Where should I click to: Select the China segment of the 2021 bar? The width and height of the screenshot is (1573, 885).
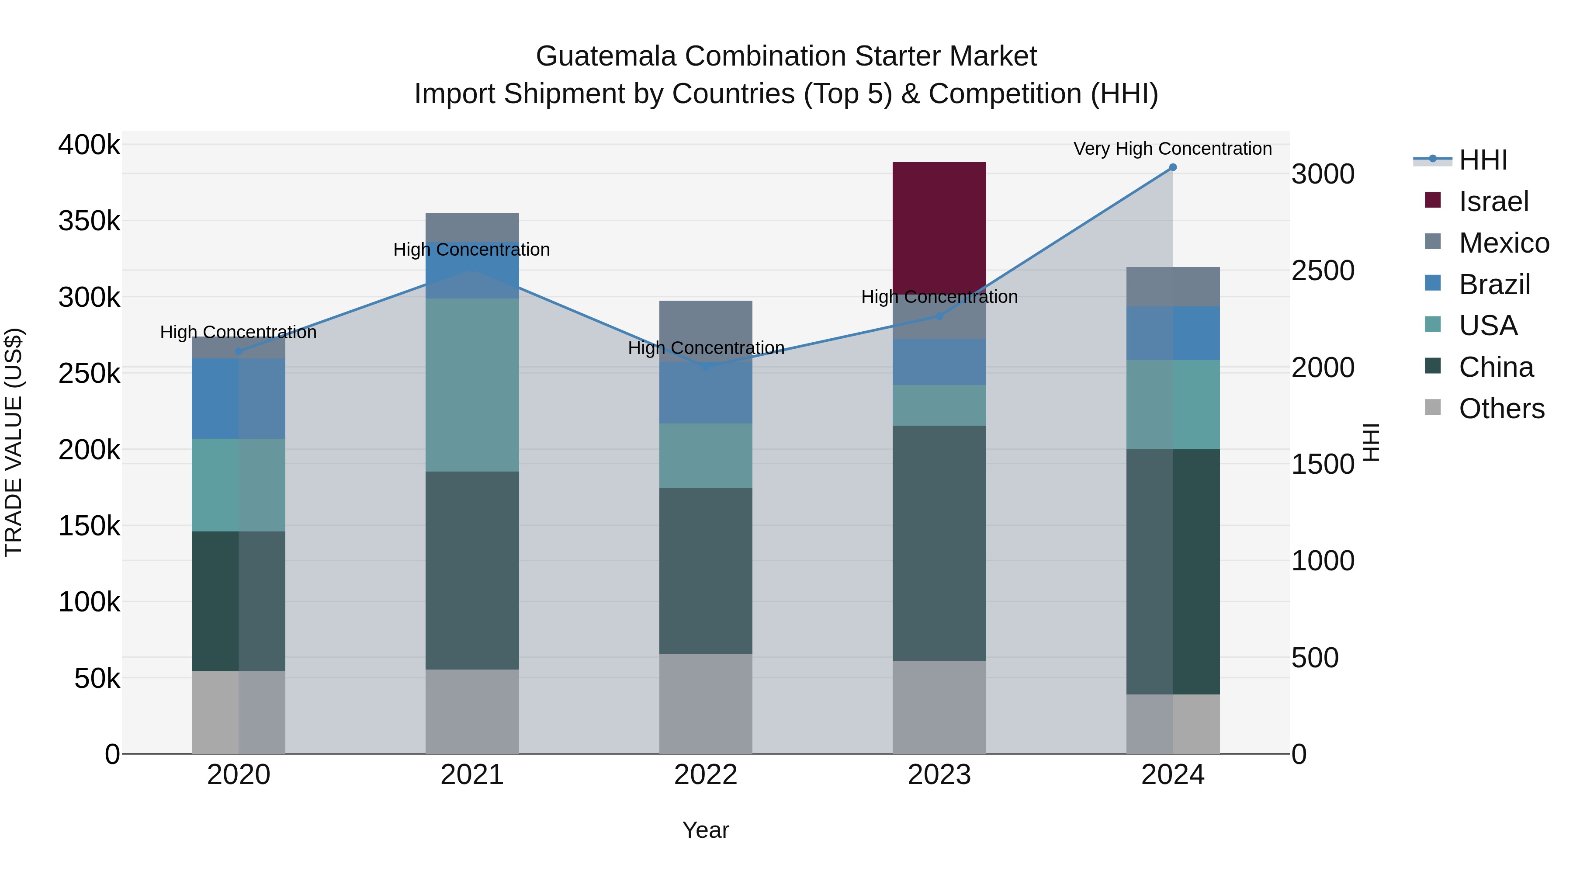click(472, 570)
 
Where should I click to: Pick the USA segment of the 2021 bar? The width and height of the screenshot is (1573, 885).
click(472, 384)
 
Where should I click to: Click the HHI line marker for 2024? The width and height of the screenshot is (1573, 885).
click(1172, 167)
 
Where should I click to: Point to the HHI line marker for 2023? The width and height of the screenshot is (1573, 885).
click(939, 316)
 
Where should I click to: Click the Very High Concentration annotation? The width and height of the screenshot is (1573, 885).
click(1172, 149)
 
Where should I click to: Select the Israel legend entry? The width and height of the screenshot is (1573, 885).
click(1493, 201)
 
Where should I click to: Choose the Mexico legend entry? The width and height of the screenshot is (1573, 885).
click(1504, 243)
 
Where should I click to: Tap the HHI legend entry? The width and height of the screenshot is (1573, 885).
click(1483, 160)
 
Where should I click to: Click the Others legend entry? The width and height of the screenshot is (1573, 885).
click(1501, 409)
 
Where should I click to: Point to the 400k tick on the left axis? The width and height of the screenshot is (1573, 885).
click(89, 146)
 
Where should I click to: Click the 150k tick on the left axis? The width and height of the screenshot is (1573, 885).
click(89, 526)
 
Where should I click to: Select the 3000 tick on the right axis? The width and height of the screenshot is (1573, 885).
click(1323, 174)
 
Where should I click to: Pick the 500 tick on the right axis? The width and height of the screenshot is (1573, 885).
click(1315, 658)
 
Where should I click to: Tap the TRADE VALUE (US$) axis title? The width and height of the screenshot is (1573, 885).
click(14, 442)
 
